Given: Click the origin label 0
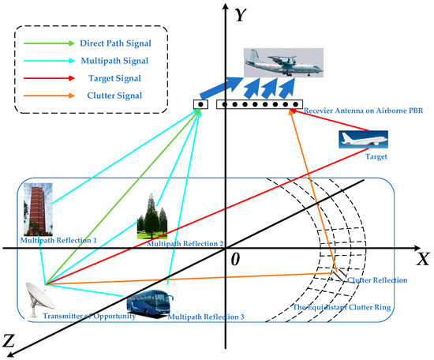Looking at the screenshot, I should [234, 258].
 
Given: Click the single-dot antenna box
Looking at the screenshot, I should [202, 103].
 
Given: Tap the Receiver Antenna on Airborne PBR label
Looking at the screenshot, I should [357, 111].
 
